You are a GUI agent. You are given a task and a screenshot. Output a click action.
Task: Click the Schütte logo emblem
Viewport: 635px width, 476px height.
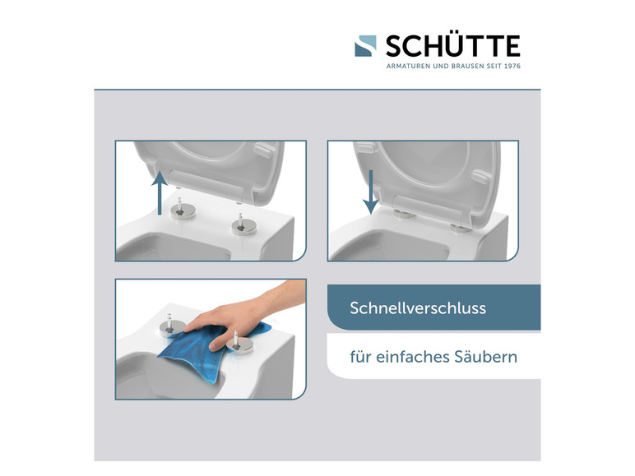click(365, 46)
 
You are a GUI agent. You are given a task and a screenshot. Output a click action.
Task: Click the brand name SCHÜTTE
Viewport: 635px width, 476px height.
click(452, 46)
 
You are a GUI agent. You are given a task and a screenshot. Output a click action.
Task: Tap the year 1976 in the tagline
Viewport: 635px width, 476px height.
click(512, 66)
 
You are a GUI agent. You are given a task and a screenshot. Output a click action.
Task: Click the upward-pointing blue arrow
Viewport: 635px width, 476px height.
click(160, 192)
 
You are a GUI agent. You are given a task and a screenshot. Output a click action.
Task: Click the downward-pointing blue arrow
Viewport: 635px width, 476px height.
click(370, 192)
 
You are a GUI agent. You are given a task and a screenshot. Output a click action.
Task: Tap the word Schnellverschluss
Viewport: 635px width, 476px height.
click(418, 308)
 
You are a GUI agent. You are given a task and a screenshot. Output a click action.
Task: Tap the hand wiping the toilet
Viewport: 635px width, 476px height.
click(243, 315)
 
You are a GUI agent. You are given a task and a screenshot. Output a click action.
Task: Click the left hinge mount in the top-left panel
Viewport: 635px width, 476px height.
click(183, 210)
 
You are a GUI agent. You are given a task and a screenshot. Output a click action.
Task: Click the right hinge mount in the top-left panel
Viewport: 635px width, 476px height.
click(243, 225)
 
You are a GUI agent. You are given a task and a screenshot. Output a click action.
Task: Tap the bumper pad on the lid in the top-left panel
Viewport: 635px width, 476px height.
click(265, 150)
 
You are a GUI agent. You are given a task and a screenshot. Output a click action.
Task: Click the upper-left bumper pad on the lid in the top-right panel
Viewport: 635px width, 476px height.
click(365, 148)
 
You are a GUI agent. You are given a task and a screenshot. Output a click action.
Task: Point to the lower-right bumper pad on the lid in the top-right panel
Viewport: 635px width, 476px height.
click(480, 178)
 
